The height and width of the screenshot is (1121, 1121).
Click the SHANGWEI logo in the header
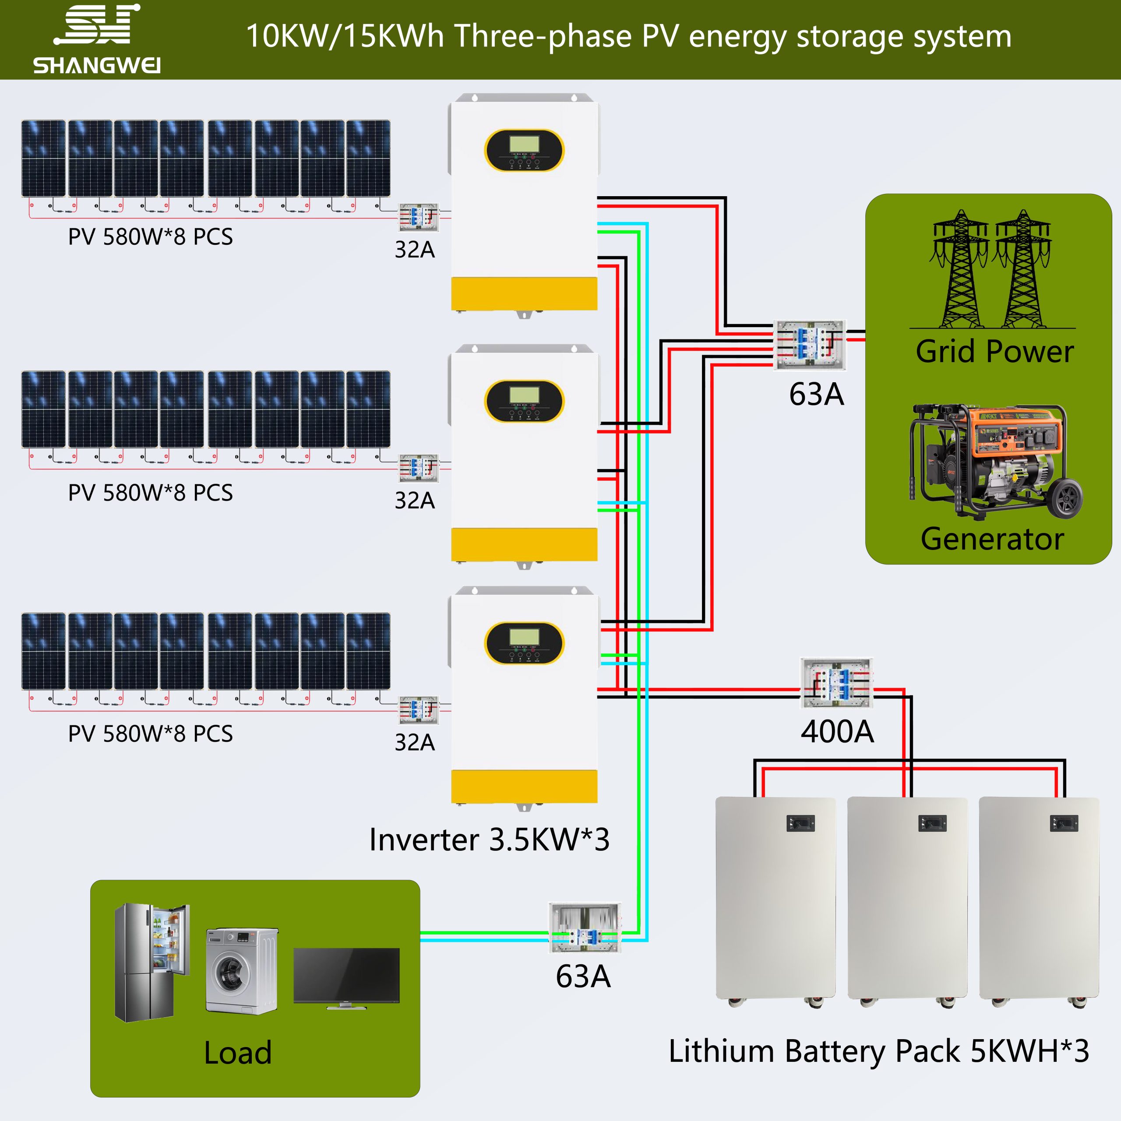point(97,39)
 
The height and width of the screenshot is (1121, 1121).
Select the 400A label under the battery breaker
point(837,731)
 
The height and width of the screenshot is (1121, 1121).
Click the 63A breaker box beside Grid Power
point(810,345)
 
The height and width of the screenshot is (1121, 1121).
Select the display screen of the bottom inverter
point(525,637)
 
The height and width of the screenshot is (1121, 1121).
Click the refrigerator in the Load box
point(152,962)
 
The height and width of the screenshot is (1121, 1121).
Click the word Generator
point(992,539)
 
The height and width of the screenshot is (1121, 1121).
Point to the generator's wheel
point(1066,498)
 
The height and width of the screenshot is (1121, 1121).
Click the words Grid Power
point(994,352)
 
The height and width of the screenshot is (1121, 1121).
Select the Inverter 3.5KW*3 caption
point(489,839)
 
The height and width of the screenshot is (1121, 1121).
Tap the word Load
point(238,1053)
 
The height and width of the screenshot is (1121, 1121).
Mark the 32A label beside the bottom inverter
point(414,743)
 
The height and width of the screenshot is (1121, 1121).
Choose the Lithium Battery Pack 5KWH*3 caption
point(878,1051)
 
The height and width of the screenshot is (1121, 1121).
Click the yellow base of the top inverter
point(524,293)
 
